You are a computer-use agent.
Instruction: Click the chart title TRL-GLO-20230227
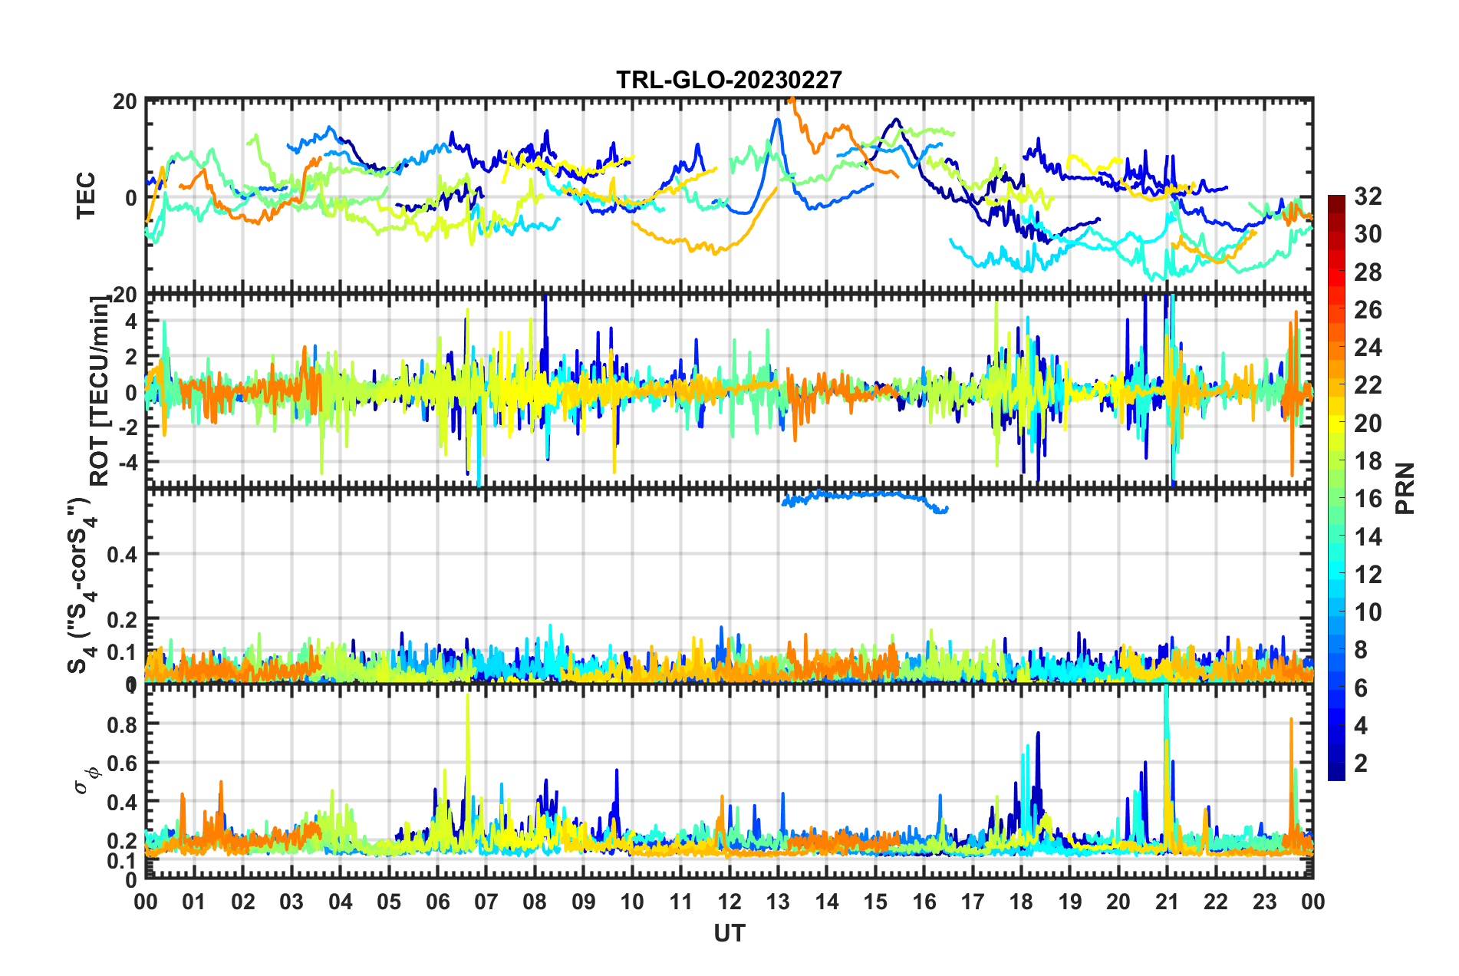pyautogui.click(x=729, y=80)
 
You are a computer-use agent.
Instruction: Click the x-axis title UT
pyautogui.click(x=729, y=933)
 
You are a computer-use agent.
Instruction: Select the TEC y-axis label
pyautogui.click(x=86, y=196)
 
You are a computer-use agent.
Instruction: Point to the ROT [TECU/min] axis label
pyautogui.click(x=100, y=391)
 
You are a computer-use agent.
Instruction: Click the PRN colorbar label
pyautogui.click(x=1405, y=489)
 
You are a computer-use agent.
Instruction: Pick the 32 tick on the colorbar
pyautogui.click(x=1367, y=196)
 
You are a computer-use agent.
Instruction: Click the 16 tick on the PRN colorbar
pyautogui.click(x=1367, y=499)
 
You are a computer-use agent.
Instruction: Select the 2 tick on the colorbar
pyautogui.click(x=1361, y=763)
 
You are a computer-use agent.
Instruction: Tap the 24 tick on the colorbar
pyautogui.click(x=1367, y=348)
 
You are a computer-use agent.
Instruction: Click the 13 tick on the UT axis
pyautogui.click(x=778, y=902)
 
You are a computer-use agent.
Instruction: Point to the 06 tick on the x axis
pyautogui.click(x=437, y=902)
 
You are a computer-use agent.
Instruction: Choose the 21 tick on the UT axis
pyautogui.click(x=1167, y=902)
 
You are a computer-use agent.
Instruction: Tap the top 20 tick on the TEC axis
pyautogui.click(x=125, y=101)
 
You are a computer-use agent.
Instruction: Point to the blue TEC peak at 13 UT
pyautogui.click(x=778, y=120)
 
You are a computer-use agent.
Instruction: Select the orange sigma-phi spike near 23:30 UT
pyautogui.click(x=1291, y=721)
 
